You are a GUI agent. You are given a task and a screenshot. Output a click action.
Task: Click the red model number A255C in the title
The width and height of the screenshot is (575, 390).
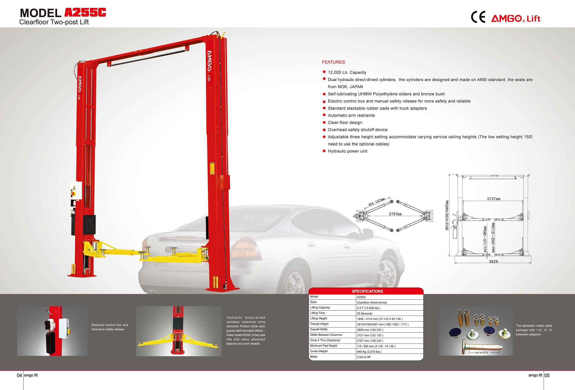coord(85,12)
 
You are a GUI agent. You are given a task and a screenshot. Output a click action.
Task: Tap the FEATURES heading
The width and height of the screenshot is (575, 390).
coord(333,62)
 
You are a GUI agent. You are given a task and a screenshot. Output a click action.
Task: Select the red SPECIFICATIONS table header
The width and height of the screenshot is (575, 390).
coord(367,291)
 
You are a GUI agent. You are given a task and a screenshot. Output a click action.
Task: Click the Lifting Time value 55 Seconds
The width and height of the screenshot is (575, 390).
coord(365,314)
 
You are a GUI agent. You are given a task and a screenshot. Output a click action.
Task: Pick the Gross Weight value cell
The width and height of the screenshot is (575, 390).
coord(390,352)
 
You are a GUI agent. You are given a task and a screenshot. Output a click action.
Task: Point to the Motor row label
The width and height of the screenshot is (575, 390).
coord(314,357)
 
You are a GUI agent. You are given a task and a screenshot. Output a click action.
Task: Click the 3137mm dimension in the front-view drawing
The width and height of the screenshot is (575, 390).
coord(494,199)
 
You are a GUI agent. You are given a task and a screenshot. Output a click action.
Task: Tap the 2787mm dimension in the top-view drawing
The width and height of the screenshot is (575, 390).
coord(395,214)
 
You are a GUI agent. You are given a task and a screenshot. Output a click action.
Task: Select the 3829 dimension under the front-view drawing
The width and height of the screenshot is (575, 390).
coord(493,261)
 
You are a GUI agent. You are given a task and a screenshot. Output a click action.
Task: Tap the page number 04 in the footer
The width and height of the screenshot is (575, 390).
coord(19,376)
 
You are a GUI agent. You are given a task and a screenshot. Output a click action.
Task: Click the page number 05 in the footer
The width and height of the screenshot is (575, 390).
coord(547,376)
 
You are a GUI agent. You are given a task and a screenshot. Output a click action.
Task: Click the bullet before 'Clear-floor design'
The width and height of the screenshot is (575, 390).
coord(324,123)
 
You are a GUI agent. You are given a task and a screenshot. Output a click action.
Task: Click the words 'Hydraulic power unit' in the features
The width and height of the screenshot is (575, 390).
coord(347,151)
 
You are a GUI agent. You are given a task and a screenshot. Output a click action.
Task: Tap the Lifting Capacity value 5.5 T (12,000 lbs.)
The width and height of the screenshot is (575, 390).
coord(369,308)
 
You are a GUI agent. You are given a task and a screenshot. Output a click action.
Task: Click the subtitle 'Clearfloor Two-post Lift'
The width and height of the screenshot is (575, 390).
coord(54,22)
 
